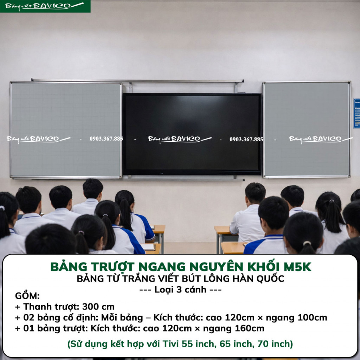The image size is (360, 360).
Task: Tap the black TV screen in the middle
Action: click(192, 134)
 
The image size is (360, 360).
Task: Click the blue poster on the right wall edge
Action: click(356, 114)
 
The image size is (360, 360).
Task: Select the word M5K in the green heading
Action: click(297, 267)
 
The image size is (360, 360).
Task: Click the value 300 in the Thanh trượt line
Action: click(90, 307)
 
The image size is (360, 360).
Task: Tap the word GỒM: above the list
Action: click(27, 296)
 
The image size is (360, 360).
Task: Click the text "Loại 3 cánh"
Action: click(180, 290)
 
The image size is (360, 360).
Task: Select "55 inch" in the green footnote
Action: click(199, 344)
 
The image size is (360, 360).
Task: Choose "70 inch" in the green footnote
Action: click(274, 344)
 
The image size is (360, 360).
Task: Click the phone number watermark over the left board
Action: click(106, 139)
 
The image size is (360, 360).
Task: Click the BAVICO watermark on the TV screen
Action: click(180, 139)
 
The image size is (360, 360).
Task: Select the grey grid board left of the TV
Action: click(66, 130)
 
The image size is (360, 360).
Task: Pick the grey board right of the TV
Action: click(307, 129)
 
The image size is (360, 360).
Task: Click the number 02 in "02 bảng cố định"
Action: click(29, 317)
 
